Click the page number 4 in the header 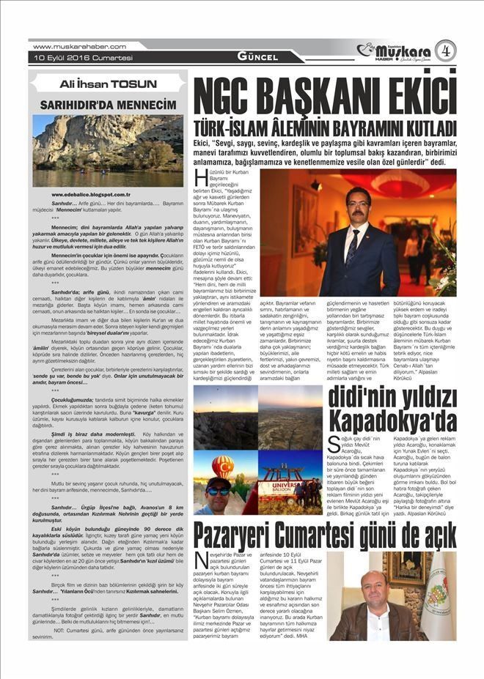click(x=444, y=50)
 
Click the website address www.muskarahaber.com click(x=80, y=46)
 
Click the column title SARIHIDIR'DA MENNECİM click(x=108, y=105)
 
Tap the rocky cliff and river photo click(x=108, y=150)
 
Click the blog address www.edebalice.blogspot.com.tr click(x=90, y=195)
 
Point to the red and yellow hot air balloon click(x=223, y=467)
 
